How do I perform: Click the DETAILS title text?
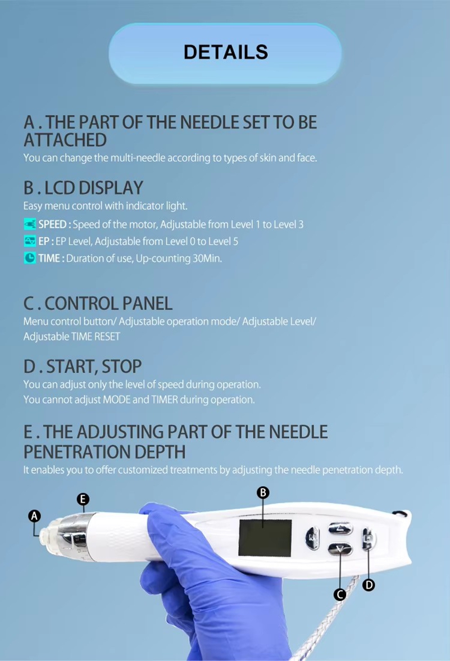tap(225, 52)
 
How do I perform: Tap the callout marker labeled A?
tap(34, 516)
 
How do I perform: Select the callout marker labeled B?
tap(263, 492)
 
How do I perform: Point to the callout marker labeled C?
tap(339, 595)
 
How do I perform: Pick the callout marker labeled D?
tap(369, 585)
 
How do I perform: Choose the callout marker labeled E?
tap(83, 499)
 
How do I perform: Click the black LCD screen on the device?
tap(265, 537)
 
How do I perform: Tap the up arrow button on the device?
tap(340, 528)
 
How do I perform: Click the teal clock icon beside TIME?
tap(29, 258)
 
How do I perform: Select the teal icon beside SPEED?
tap(29, 224)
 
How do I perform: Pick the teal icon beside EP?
tap(29, 241)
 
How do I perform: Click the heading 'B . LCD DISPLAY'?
tap(83, 188)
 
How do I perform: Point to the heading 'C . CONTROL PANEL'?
tap(98, 304)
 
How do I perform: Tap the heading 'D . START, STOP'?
tap(83, 366)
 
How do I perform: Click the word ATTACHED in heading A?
tap(65, 140)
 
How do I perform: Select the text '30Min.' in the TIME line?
tap(207, 258)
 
